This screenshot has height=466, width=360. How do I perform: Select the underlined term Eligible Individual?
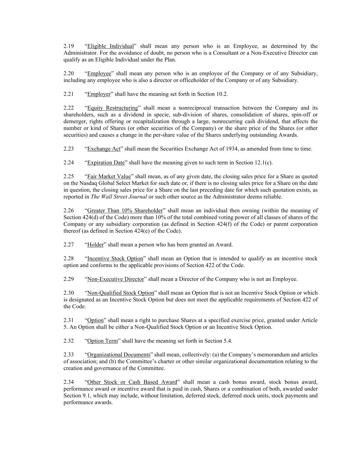(110, 46)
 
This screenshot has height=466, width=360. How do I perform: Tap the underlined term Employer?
(99, 94)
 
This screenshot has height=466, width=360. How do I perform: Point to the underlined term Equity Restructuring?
(113, 108)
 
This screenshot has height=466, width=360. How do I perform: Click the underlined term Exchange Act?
(104, 149)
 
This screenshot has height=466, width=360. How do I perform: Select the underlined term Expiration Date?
(106, 163)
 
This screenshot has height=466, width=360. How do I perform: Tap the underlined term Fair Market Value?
(109, 176)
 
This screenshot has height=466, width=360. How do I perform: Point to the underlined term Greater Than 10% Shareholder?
(125, 211)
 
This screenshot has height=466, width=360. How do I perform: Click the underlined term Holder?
(96, 245)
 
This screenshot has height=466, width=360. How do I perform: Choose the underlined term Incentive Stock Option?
(115, 258)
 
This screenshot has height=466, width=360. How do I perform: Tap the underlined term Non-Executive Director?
(116, 279)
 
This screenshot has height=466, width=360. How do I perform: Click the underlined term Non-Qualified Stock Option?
(121, 293)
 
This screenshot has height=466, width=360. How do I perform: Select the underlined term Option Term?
(103, 341)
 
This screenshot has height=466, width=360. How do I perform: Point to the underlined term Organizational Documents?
(119, 355)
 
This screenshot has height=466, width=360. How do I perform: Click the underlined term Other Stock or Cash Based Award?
(132, 382)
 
